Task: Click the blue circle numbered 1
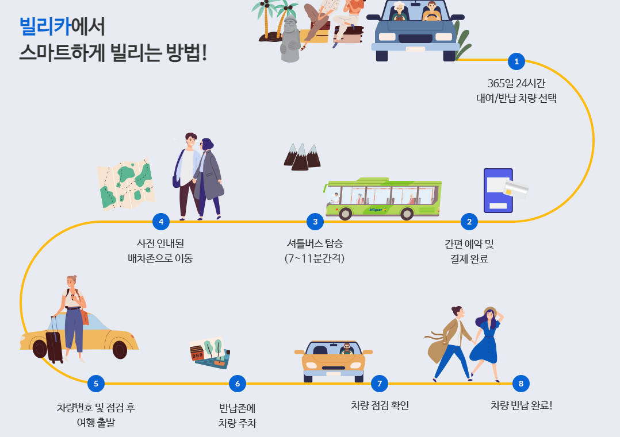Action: (x=516, y=61)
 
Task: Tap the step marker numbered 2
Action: (x=469, y=222)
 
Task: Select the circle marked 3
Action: (x=315, y=222)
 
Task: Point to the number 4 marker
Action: (x=161, y=222)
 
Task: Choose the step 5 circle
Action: (x=95, y=383)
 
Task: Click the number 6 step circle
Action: (x=237, y=383)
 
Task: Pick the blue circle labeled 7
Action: (x=379, y=383)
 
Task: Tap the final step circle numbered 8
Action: (x=521, y=383)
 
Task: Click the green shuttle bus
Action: (x=382, y=199)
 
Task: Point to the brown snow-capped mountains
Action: (x=301, y=157)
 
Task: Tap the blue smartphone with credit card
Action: (x=499, y=191)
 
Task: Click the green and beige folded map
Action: (x=125, y=184)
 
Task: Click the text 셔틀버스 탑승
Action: (x=315, y=243)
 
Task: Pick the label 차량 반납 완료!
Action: (x=521, y=405)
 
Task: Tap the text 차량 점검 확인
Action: (x=380, y=405)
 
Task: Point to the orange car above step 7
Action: (x=334, y=361)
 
